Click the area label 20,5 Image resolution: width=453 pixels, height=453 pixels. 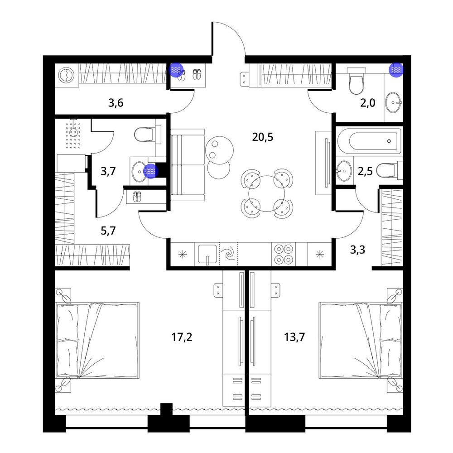pyautogui.click(x=262, y=137)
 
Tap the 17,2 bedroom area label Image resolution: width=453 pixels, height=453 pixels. pyautogui.click(x=182, y=337)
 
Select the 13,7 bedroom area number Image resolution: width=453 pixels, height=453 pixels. pyautogui.click(x=294, y=337)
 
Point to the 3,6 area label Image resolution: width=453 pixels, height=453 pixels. pyautogui.click(x=116, y=102)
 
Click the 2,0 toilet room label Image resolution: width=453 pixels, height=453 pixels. pyautogui.click(x=367, y=102)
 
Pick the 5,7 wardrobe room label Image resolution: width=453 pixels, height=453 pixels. pyautogui.click(x=108, y=231)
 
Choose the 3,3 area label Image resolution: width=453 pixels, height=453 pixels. pyautogui.click(x=358, y=250)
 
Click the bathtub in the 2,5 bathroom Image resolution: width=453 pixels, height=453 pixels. pyautogui.click(x=370, y=141)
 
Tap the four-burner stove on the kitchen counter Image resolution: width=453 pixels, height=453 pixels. pyautogui.click(x=284, y=254)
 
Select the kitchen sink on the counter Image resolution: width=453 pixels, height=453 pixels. pyautogui.click(x=207, y=254)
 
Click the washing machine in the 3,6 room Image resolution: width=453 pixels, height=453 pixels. pyautogui.click(x=67, y=75)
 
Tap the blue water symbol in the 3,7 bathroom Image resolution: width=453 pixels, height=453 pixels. pyautogui.click(x=151, y=171)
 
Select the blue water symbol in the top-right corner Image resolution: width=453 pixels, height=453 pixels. pyautogui.click(x=396, y=70)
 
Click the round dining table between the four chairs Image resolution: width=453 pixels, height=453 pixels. pyautogui.click(x=267, y=193)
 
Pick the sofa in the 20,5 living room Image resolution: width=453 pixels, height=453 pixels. pyautogui.click(x=188, y=165)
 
